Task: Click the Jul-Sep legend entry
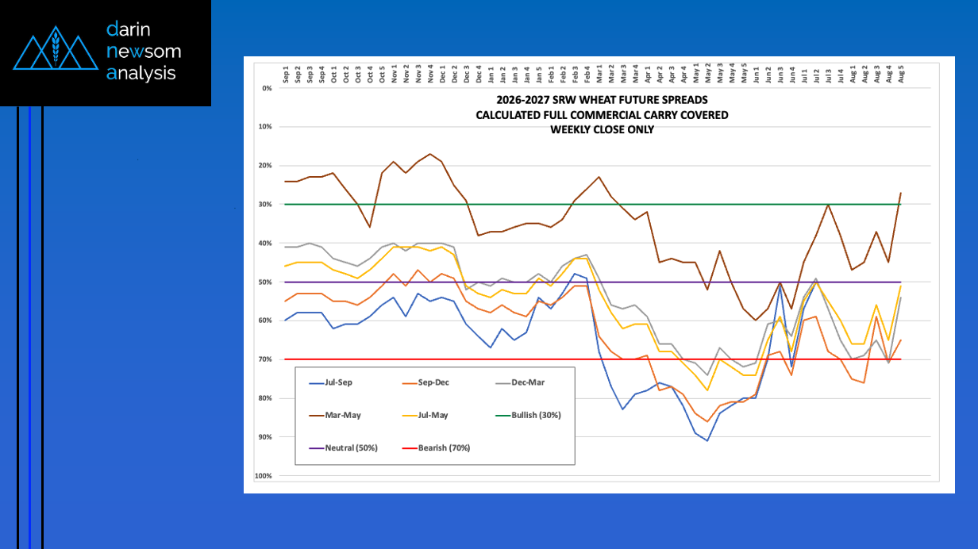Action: coord(330,382)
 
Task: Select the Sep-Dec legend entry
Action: coord(425,382)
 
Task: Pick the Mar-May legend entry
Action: coord(335,416)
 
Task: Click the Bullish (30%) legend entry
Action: coord(529,416)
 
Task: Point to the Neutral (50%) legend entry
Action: coord(343,448)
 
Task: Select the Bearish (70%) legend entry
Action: coord(436,448)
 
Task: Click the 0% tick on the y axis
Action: coord(267,88)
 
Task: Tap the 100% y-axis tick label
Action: coord(264,476)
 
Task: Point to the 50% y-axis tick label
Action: coord(265,282)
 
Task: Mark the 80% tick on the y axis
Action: coord(265,398)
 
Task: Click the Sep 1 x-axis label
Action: coord(286,75)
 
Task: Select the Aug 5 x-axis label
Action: coord(901,75)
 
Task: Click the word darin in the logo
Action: coord(129,29)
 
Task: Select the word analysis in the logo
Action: coord(141,73)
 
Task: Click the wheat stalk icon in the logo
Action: coord(56,47)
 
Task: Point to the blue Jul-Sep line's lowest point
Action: coord(707,441)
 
